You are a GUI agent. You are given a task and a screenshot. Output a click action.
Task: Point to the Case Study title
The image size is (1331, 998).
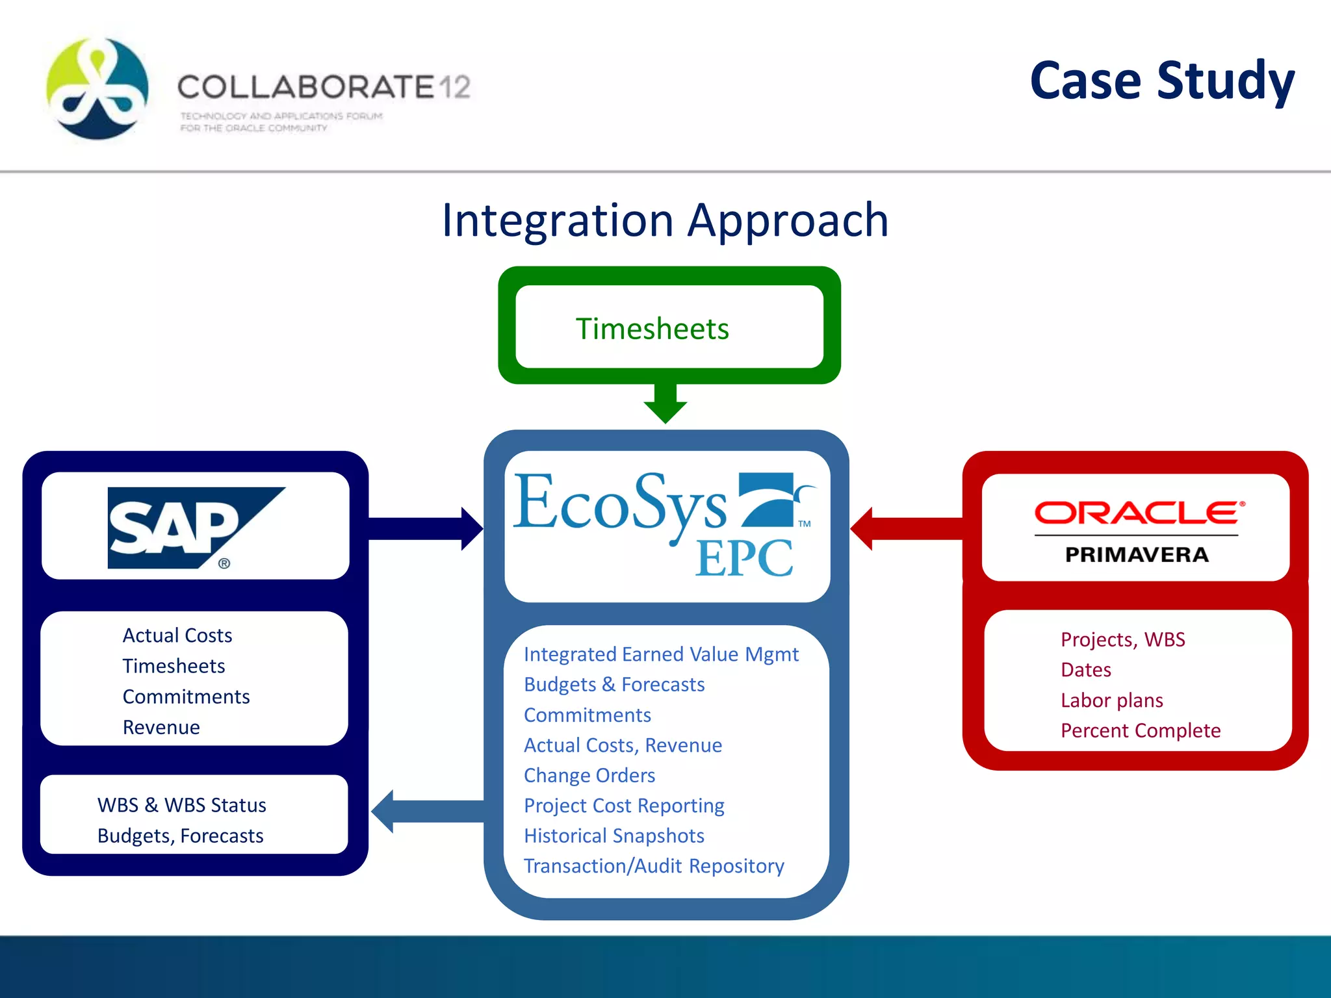point(1162,81)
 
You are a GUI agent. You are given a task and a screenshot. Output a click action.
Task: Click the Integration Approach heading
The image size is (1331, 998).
point(665,220)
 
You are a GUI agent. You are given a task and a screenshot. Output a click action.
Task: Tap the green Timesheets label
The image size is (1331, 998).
point(652,329)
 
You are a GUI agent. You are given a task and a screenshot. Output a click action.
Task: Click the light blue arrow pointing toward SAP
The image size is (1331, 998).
point(426,812)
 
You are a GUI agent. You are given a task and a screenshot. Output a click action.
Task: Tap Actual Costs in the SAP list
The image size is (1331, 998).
point(177,635)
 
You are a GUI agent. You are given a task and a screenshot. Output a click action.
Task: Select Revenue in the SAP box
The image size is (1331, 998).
point(161,727)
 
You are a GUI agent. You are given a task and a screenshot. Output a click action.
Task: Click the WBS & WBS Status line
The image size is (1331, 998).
point(181,805)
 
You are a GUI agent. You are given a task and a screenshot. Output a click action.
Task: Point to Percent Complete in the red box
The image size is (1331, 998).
point(1140,730)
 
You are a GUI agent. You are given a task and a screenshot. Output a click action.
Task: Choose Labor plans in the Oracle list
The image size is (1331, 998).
point(1111,700)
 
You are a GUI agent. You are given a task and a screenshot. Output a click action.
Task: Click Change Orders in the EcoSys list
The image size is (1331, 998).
point(589,775)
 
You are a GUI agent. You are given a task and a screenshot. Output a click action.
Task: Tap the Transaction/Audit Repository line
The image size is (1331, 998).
point(653,866)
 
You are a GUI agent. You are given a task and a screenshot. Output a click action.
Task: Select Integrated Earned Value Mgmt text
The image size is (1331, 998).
point(660,654)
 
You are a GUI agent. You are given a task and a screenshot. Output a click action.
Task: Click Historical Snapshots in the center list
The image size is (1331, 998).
point(614,836)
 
